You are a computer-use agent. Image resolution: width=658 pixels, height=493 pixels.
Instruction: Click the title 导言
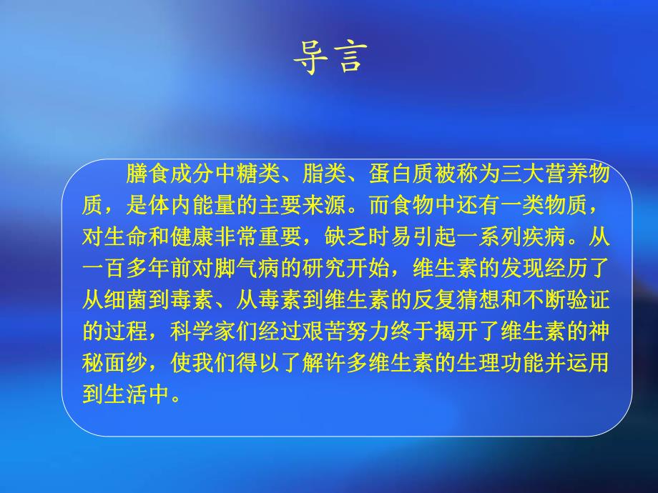point(329,57)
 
